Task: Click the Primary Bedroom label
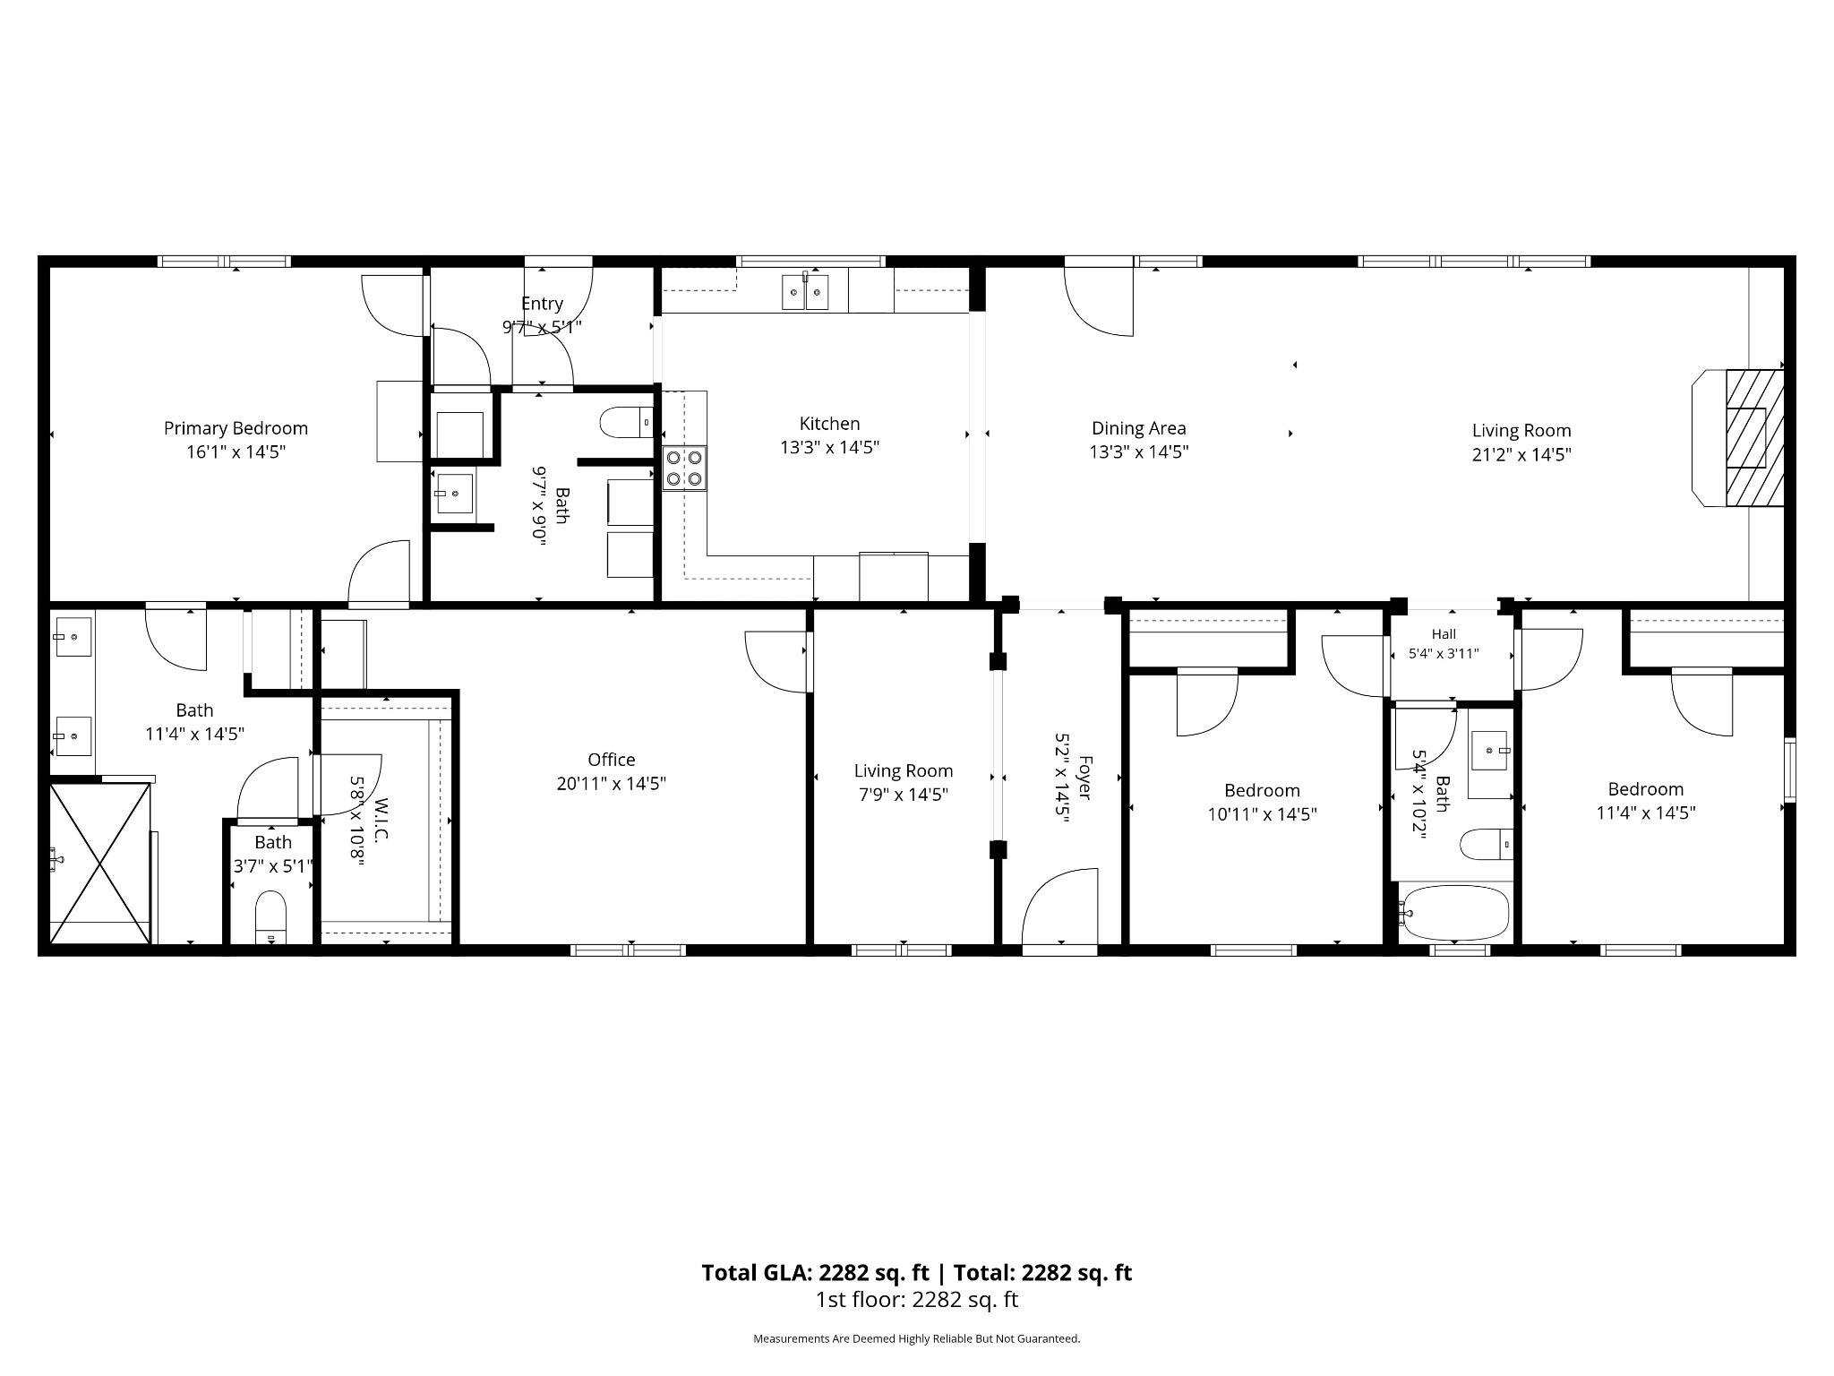pyautogui.click(x=236, y=429)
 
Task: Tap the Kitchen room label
pyautogui.click(x=829, y=424)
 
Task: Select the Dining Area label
pyautogui.click(x=1138, y=429)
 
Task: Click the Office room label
pyautogui.click(x=612, y=760)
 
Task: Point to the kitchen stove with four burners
pyautogui.click(x=684, y=469)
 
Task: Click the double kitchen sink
pyautogui.click(x=805, y=291)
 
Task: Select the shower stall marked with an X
pyautogui.click(x=99, y=864)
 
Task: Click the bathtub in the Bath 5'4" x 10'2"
pyautogui.click(x=1455, y=913)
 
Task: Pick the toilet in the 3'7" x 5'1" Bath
pyautogui.click(x=270, y=916)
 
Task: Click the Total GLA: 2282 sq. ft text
pyautogui.click(x=815, y=1273)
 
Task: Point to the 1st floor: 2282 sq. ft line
pyautogui.click(x=917, y=1300)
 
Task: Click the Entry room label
pyautogui.click(x=542, y=304)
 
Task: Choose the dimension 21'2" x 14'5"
pyautogui.click(x=1521, y=454)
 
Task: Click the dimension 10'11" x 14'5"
pyautogui.click(x=1262, y=814)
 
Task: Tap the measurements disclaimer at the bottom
pyautogui.click(x=917, y=1339)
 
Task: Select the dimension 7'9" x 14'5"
pyautogui.click(x=903, y=795)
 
